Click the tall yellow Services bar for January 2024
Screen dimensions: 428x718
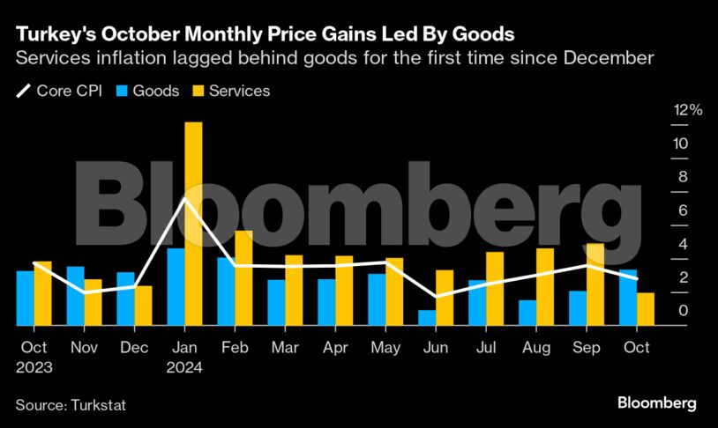[x=193, y=224]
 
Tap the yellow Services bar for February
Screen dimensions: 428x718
[x=243, y=278]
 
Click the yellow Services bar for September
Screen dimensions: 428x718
[x=595, y=284]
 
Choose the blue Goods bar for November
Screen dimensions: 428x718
[x=76, y=296]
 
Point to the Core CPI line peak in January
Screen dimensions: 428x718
[x=185, y=199]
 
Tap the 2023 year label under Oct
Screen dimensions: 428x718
[x=34, y=368]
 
